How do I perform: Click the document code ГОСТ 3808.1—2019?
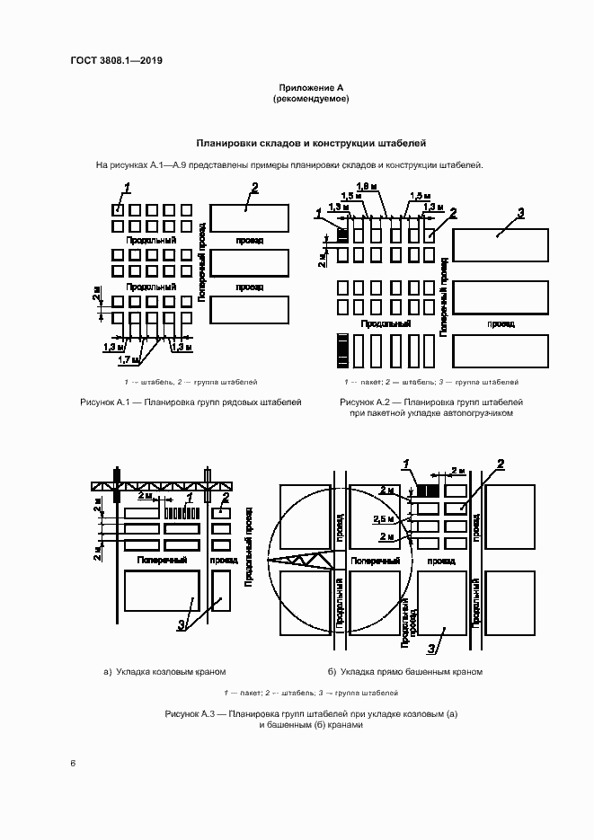(116, 61)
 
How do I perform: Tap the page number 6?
(73, 763)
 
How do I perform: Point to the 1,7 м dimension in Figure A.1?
(130, 359)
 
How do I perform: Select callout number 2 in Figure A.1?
(255, 187)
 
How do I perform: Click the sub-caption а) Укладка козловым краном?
(164, 671)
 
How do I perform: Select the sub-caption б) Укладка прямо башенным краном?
(405, 671)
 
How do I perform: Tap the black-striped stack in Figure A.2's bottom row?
(342, 350)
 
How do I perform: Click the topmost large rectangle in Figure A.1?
(249, 218)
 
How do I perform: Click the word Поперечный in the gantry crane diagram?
(162, 560)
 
